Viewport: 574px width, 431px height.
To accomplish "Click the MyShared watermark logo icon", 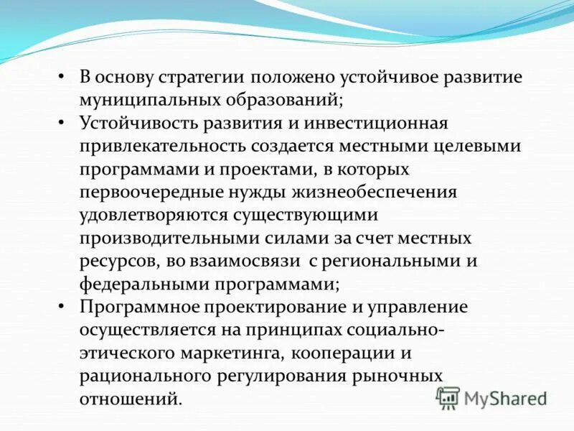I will coord(448,397).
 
